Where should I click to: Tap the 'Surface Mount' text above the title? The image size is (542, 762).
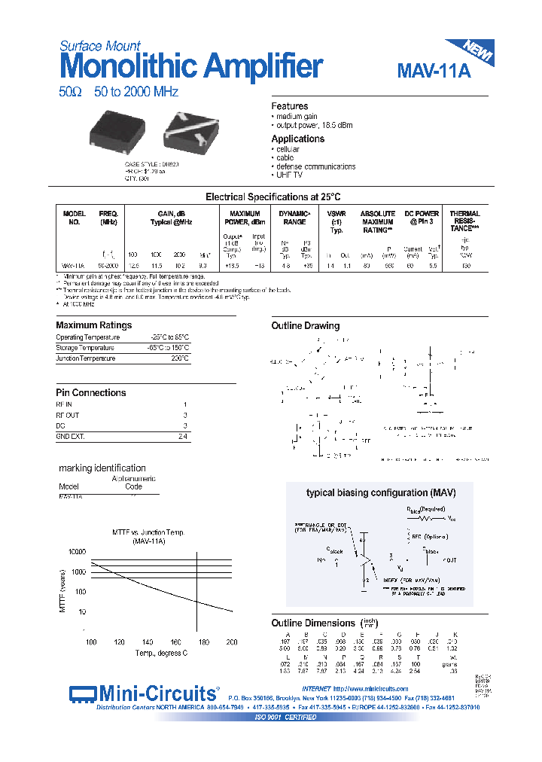click(100, 46)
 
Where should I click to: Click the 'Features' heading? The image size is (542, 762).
click(290, 107)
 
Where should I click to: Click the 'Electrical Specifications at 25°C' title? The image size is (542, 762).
click(273, 197)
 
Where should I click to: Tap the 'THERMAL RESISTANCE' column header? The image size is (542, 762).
click(464, 220)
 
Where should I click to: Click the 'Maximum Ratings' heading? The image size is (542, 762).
click(94, 325)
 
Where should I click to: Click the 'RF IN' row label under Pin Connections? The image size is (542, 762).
click(66, 404)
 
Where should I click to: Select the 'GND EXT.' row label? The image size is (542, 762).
click(72, 436)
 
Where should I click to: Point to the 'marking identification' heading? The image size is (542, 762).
click(102, 468)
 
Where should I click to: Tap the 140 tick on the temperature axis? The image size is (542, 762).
click(148, 642)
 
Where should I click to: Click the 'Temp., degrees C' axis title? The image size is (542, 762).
click(161, 654)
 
